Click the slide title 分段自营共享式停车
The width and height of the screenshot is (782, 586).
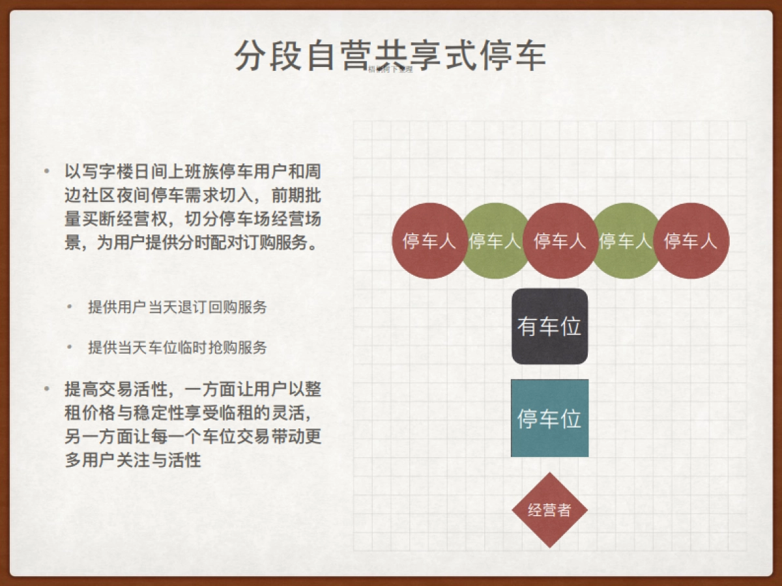[x=390, y=55]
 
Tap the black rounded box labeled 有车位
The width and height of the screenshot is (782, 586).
[x=549, y=326]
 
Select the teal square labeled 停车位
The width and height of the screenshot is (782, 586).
[x=549, y=418]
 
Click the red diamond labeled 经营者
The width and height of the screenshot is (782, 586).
[x=549, y=510]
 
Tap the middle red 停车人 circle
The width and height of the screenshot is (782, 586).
[x=560, y=241]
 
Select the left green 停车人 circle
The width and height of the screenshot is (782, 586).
[x=495, y=241]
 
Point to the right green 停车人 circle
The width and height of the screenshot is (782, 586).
[x=626, y=241]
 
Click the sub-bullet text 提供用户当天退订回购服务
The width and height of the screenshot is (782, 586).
[x=177, y=307]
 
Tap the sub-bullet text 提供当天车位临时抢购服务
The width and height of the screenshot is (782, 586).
[x=177, y=347]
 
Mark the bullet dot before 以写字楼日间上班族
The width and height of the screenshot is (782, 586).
[x=46, y=172]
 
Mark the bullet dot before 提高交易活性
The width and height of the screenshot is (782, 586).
[x=46, y=389]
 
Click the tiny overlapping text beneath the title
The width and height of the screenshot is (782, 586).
[x=390, y=69]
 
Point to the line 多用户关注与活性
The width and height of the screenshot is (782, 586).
[x=132, y=460]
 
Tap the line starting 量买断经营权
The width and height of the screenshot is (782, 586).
[x=192, y=219]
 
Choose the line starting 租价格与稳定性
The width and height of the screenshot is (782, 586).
[x=192, y=413]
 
